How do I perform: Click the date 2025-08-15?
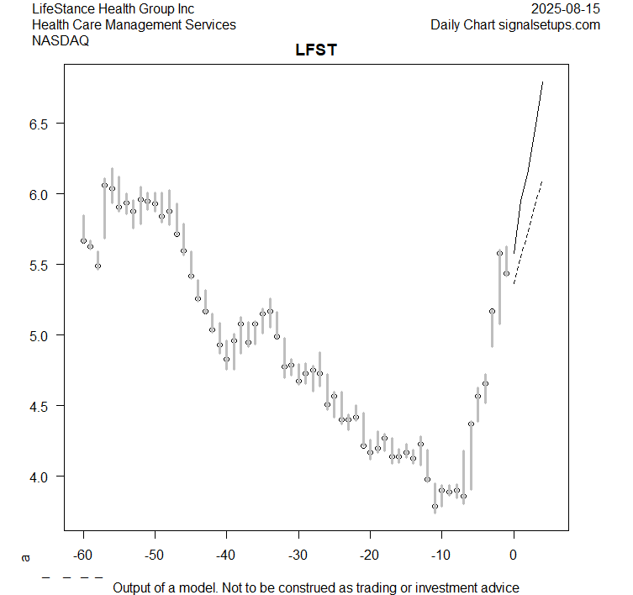[566, 8]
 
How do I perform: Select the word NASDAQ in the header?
[61, 40]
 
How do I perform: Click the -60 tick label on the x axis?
[83, 555]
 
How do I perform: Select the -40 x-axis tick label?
[226, 555]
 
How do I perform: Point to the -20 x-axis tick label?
[370, 555]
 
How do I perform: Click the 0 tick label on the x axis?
[514, 555]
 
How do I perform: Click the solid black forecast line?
[529, 168]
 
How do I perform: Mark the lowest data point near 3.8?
[435, 507]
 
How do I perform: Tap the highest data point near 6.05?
[105, 185]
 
